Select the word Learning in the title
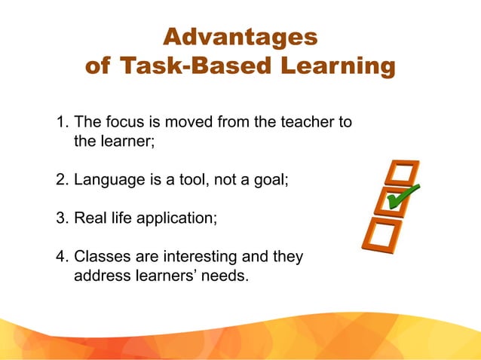[337, 66]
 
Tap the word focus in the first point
[124, 121]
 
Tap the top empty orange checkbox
[400, 172]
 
